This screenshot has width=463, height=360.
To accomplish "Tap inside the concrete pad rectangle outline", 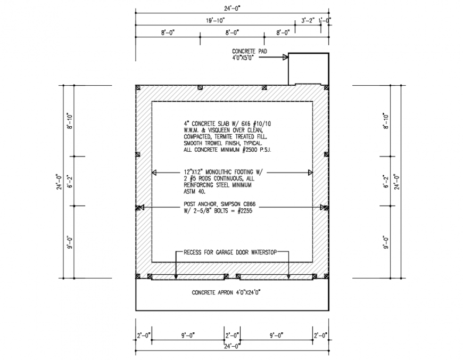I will pos(308,69).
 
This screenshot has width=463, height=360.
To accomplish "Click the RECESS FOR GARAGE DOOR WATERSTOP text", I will pos(229,252).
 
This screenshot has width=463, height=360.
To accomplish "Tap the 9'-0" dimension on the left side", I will pos(69,242).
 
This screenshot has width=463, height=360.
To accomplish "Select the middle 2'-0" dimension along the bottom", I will pos(231,336).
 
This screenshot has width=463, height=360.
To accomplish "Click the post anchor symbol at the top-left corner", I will pos(137,87).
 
